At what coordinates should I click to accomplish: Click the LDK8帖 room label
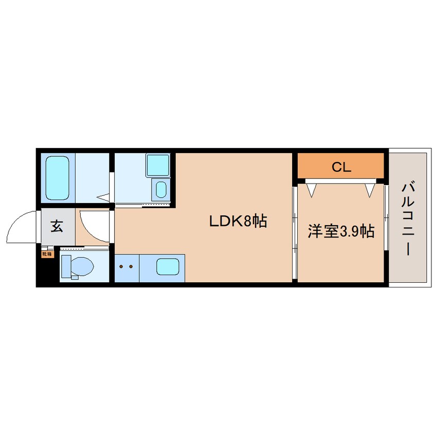[x=237, y=222]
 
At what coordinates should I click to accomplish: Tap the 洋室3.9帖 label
[x=340, y=231]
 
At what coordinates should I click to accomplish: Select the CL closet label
[x=340, y=167]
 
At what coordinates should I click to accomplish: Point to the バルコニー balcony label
[x=409, y=218]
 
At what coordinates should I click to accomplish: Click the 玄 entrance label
[x=57, y=226]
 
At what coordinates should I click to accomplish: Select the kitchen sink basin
[x=166, y=267]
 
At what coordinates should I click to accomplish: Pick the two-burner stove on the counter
[x=126, y=267]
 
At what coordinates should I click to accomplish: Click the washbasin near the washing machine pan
[x=161, y=189]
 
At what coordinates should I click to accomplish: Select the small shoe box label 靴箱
[x=47, y=253]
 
